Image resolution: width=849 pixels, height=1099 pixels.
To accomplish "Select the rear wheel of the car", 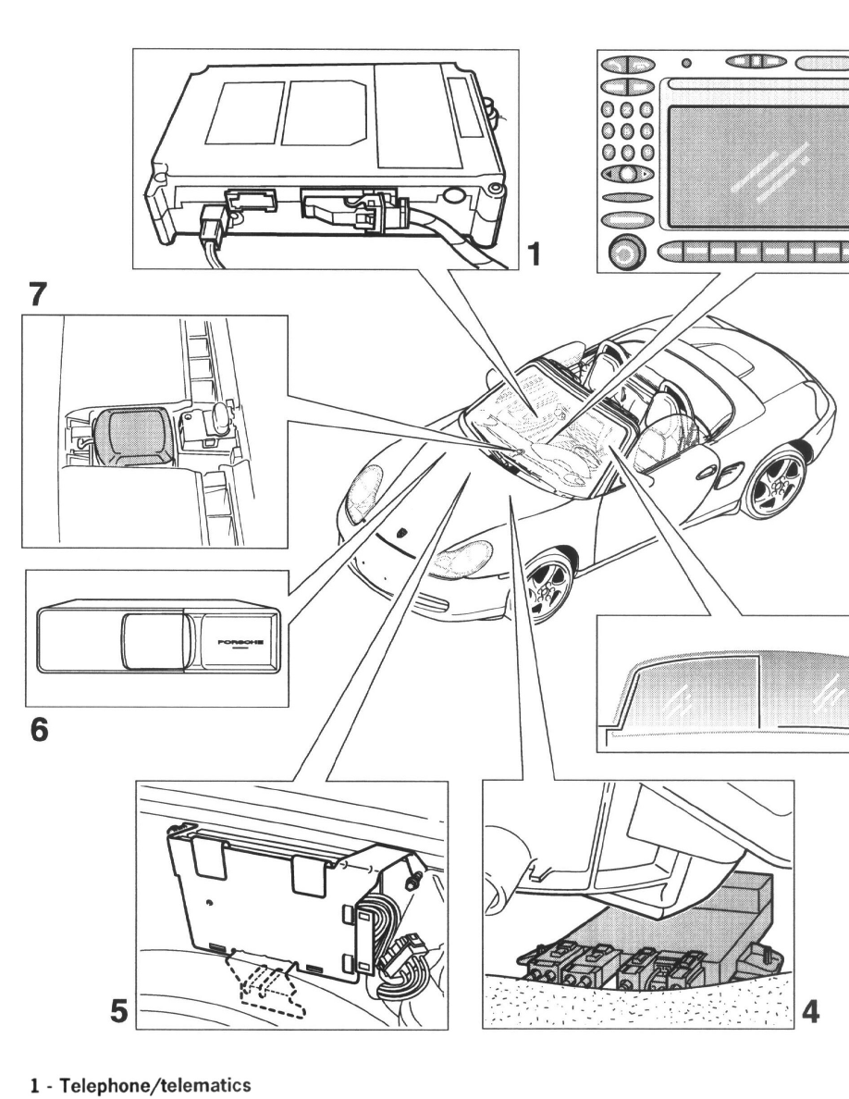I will coord(773,480).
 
